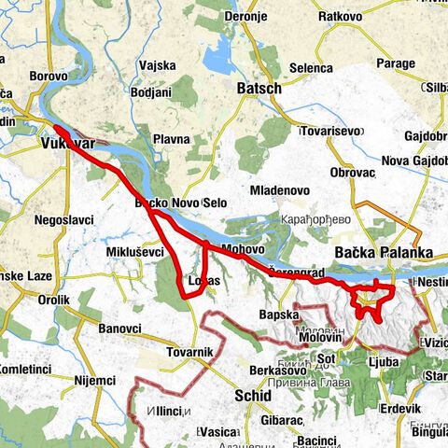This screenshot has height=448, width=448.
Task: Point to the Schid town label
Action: coord(253,396)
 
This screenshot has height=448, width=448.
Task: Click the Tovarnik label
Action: coord(192,351)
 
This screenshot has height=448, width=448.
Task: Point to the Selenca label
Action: coord(311,68)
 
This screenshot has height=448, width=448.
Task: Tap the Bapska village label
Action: coord(277,314)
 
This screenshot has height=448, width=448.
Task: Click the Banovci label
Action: coord(119,328)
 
